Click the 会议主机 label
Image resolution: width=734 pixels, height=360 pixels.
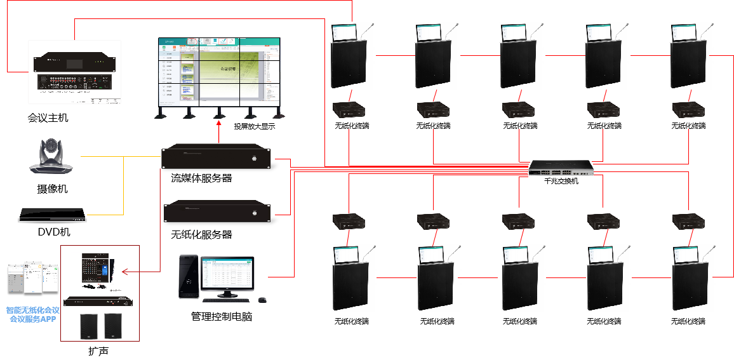(x=48, y=118)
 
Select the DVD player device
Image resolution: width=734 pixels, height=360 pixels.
(x=52, y=216)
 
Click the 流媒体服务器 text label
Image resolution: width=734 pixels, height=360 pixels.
(x=201, y=178)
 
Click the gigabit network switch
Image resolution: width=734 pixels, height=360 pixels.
(x=561, y=168)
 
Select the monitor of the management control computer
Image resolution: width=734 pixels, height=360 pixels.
(x=227, y=276)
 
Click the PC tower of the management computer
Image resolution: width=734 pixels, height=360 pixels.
(x=189, y=277)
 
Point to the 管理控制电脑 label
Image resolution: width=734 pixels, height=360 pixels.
(x=222, y=316)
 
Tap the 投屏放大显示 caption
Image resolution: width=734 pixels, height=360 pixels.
(x=254, y=126)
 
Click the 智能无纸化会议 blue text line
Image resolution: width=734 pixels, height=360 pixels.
(x=32, y=310)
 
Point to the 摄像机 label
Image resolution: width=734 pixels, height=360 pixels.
(x=52, y=189)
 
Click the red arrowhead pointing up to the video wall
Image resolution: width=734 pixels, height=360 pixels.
(x=218, y=127)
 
